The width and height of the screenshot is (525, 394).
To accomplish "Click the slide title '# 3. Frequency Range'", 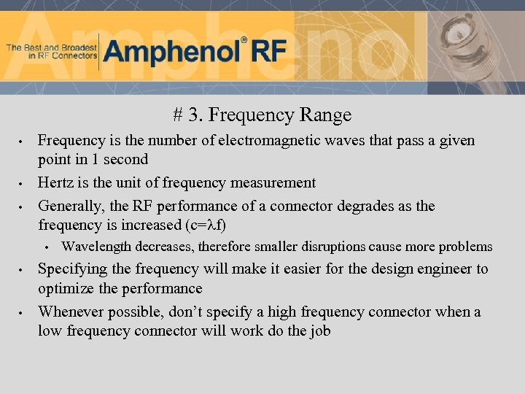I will (262, 115).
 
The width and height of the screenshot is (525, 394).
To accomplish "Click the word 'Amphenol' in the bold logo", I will (171, 52).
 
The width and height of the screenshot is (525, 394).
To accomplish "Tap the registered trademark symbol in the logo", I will (244, 39).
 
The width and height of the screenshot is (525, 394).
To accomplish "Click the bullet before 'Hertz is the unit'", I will (23, 184).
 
